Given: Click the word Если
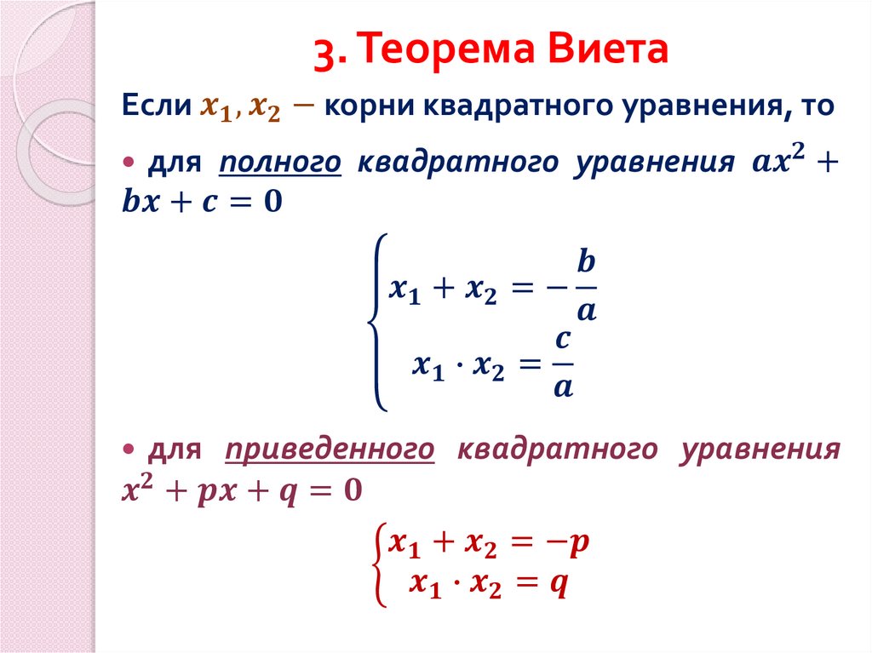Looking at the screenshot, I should click(155, 108).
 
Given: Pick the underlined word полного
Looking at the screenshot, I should click(280, 162).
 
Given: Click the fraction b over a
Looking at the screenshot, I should click(586, 285).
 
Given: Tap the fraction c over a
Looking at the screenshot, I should click(562, 364).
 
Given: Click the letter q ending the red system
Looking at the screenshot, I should click(559, 584).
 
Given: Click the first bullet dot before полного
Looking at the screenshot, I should click(129, 162).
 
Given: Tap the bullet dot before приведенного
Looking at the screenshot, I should click(129, 448).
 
